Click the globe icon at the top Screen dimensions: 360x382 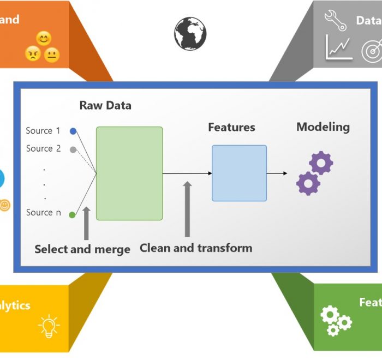pyautogui.click(x=190, y=33)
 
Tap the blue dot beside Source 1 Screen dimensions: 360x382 pyautogui.click(x=73, y=131)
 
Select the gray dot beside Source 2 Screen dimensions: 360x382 pyautogui.click(x=73, y=149)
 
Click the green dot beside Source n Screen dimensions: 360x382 pyautogui.click(x=72, y=215)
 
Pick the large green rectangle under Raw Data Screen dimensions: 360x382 pyautogui.click(x=129, y=173)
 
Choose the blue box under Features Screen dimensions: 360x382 pyautogui.click(x=239, y=173)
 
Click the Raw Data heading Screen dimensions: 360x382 pyautogui.click(x=105, y=105)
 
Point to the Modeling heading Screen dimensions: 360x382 pyautogui.click(x=323, y=127)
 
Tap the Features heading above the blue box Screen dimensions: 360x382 pyautogui.click(x=231, y=128)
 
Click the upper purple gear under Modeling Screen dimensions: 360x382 pyautogui.click(x=321, y=163)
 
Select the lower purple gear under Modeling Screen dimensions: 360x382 pyautogui.click(x=308, y=183)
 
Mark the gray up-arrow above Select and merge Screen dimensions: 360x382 pyautogui.click(x=86, y=223)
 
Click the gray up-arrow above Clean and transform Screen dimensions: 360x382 pyautogui.click(x=187, y=209)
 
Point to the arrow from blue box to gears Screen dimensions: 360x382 pyautogui.click(x=277, y=173)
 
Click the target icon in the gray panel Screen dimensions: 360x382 pyautogui.click(x=372, y=50)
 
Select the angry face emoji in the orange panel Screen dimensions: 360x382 pyautogui.click(x=33, y=53)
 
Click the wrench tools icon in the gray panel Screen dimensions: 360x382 pyautogui.click(x=336, y=20)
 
